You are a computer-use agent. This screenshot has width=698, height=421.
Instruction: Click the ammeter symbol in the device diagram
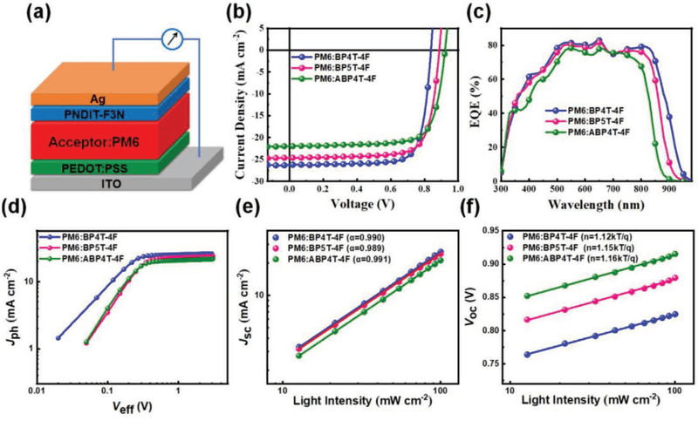172,39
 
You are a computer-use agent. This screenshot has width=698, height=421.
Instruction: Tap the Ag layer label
98,99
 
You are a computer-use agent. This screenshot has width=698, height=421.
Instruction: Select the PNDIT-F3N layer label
94,115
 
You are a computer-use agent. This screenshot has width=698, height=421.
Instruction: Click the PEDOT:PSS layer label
95,168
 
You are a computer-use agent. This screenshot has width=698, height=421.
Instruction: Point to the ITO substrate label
112,184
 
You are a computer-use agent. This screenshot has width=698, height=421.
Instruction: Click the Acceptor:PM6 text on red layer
94,142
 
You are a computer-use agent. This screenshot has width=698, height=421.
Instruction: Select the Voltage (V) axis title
363,204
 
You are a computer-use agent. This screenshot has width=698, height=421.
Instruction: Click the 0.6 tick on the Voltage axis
391,189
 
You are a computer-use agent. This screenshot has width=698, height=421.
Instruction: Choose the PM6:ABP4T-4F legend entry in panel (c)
585,132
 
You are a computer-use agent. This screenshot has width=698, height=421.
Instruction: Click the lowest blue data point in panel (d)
58,338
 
